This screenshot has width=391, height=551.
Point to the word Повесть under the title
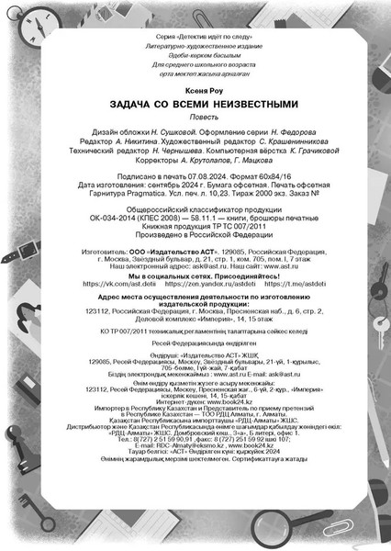click(x=195, y=118)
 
